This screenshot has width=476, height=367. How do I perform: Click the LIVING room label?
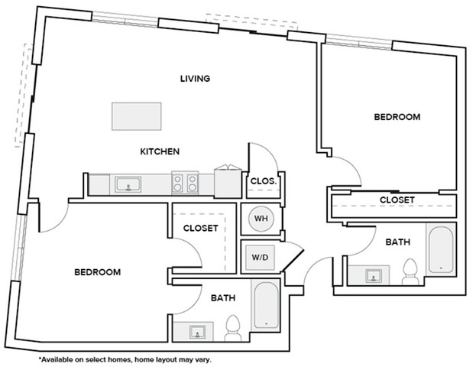[x=195, y=79]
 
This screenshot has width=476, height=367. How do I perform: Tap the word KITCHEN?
[x=159, y=151]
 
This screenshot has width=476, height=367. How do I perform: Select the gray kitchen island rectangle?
[x=137, y=115]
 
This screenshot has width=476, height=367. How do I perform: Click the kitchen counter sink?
[x=128, y=183]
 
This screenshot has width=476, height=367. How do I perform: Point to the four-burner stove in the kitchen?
[x=184, y=183]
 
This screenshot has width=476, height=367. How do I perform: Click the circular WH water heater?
[x=261, y=219]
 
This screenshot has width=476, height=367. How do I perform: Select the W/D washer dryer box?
[x=260, y=257]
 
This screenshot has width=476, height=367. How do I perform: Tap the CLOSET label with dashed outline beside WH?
[x=201, y=228]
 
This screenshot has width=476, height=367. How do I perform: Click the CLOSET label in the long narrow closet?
[x=397, y=200]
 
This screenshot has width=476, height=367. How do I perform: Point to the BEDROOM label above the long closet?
[x=397, y=117]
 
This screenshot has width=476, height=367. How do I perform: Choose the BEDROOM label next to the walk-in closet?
[x=98, y=272]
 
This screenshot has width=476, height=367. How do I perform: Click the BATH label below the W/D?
[x=222, y=298]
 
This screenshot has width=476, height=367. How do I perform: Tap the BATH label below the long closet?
[x=397, y=242]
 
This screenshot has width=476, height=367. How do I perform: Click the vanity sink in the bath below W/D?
[x=196, y=331]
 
